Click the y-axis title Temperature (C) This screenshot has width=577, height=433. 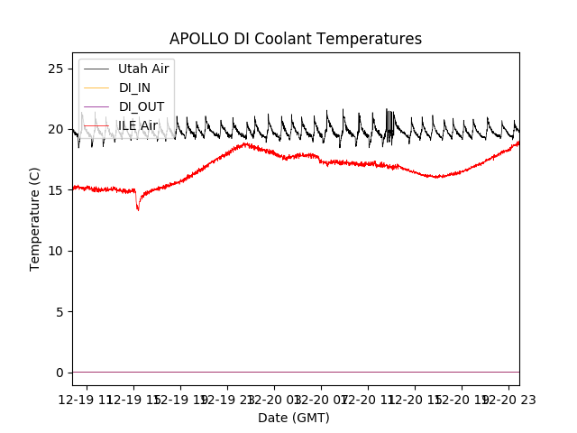(35, 219)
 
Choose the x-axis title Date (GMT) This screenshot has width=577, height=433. (294, 418)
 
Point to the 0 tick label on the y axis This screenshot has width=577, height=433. (60, 373)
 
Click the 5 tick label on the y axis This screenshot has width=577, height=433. (60, 312)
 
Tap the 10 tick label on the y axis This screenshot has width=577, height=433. (56, 251)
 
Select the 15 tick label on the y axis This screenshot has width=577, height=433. (56, 190)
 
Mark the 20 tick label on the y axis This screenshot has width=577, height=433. (56, 130)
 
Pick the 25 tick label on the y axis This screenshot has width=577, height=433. (56, 69)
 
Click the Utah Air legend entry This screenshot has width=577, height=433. (143, 69)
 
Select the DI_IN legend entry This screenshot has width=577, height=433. (134, 88)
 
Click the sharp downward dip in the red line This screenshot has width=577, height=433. (138, 209)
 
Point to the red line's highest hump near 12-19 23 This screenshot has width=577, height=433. (244, 143)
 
